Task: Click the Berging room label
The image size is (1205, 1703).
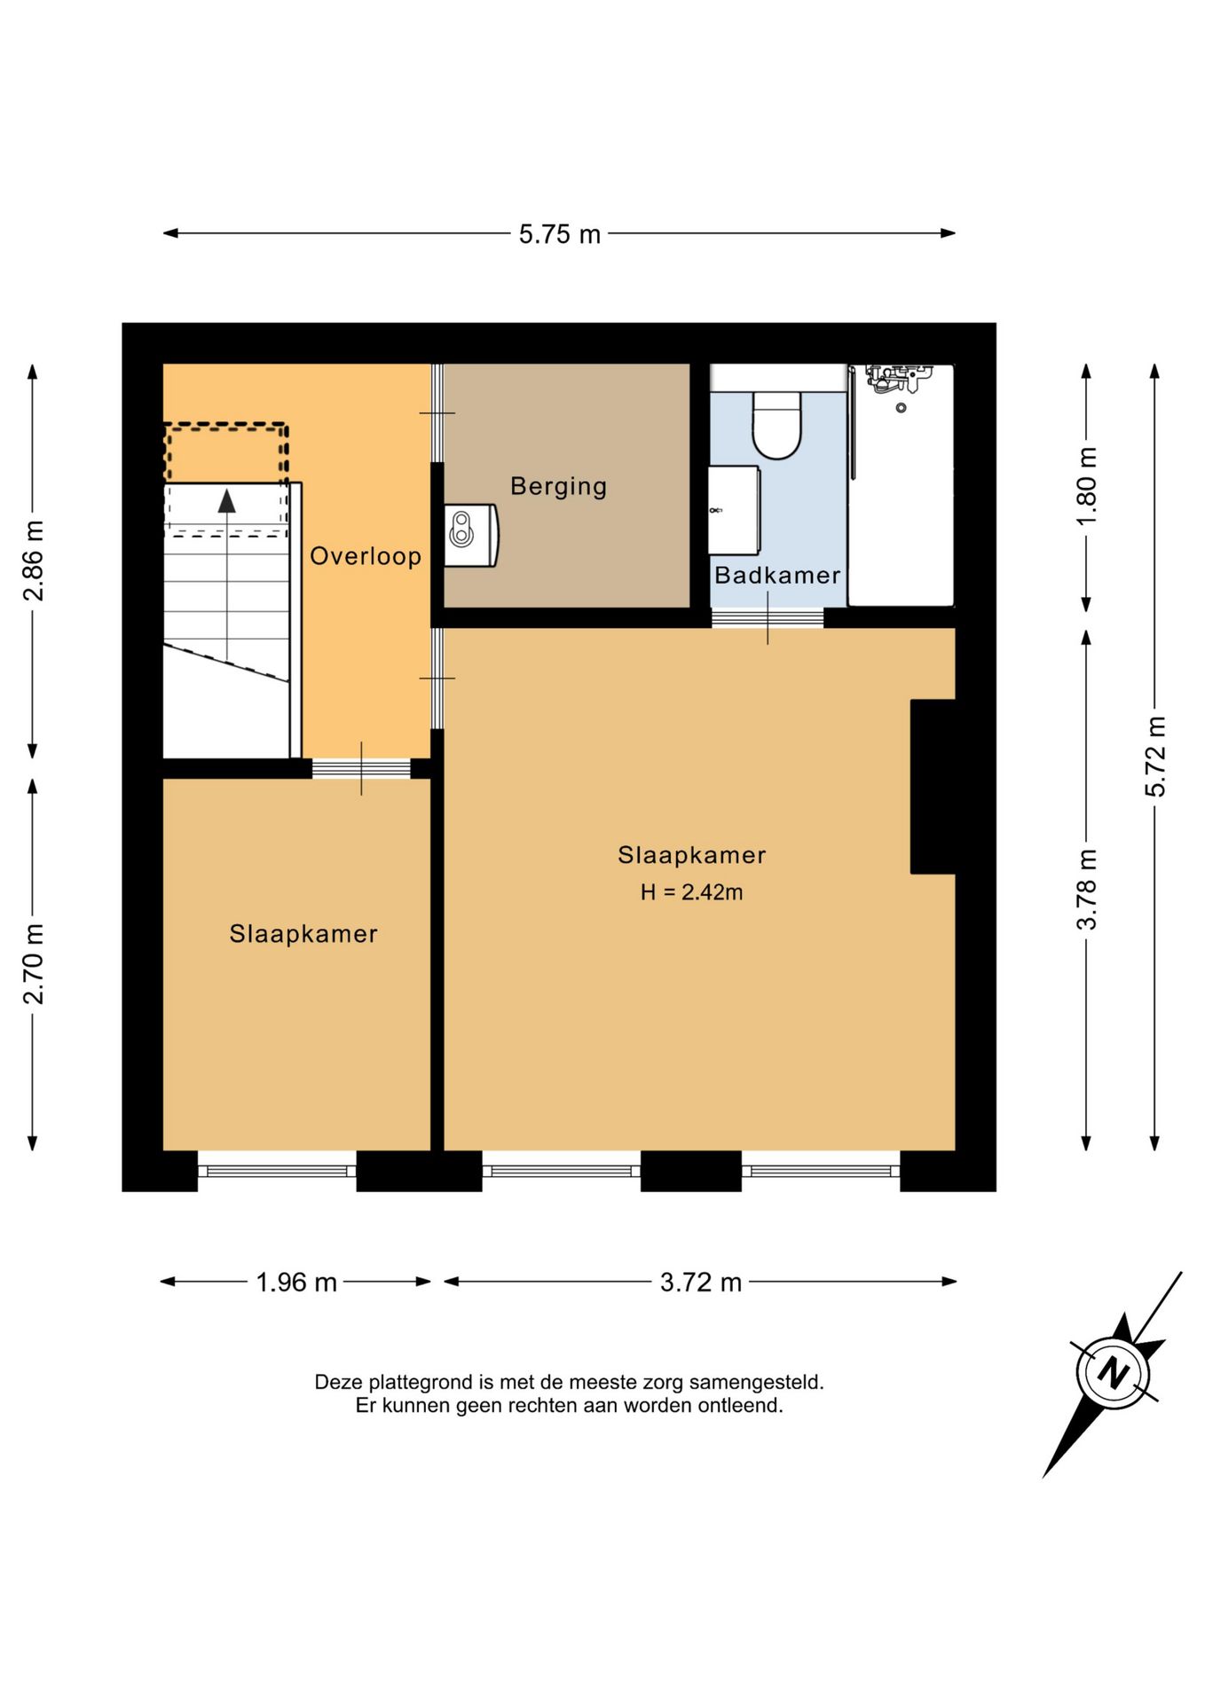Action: pyautogui.click(x=558, y=486)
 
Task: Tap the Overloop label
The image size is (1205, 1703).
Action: pyautogui.click(x=365, y=556)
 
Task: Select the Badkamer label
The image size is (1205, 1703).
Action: pyautogui.click(x=777, y=575)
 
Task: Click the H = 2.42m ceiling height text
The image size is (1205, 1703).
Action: pyautogui.click(x=691, y=892)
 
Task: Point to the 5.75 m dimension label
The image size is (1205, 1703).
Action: pyautogui.click(x=560, y=234)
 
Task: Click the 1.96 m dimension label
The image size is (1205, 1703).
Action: pyautogui.click(x=296, y=1282)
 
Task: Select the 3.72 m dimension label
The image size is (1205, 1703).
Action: pyautogui.click(x=700, y=1282)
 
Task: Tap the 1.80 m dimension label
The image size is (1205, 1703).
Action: pyautogui.click(x=1087, y=486)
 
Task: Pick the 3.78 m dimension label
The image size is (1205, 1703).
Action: pyautogui.click(x=1087, y=889)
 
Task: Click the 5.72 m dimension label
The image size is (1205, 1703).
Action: pyautogui.click(x=1155, y=756)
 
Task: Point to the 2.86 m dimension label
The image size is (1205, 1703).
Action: pyautogui.click(x=33, y=561)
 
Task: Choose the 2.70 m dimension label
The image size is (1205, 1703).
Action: pyautogui.click(x=33, y=964)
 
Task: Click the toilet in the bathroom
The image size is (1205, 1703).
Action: pyautogui.click(x=776, y=424)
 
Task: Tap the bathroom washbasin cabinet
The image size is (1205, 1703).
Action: pyautogui.click(x=734, y=510)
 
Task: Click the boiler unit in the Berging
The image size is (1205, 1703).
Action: pyautogui.click(x=471, y=536)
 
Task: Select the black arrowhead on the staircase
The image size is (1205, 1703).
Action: pyautogui.click(x=227, y=501)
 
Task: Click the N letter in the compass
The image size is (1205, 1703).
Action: pyautogui.click(x=1113, y=1373)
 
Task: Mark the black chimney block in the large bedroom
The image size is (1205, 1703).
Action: pyautogui.click(x=933, y=787)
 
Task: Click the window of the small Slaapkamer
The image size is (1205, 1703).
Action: pyautogui.click(x=277, y=1171)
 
